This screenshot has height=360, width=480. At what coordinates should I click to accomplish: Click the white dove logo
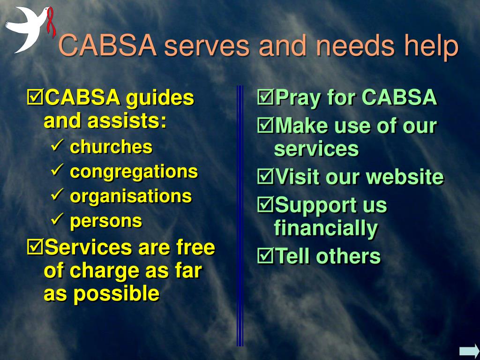(26, 28)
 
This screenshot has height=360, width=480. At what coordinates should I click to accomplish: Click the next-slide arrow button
(469, 351)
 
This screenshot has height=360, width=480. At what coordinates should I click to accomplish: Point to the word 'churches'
(111, 147)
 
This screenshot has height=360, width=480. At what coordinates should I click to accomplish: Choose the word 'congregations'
(134, 172)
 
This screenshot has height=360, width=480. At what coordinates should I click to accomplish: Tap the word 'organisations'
(131, 196)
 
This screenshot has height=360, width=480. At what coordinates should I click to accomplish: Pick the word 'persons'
(106, 220)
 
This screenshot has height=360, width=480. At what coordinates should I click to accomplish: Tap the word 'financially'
(326, 228)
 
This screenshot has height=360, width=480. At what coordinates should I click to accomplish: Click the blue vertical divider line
(240, 216)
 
